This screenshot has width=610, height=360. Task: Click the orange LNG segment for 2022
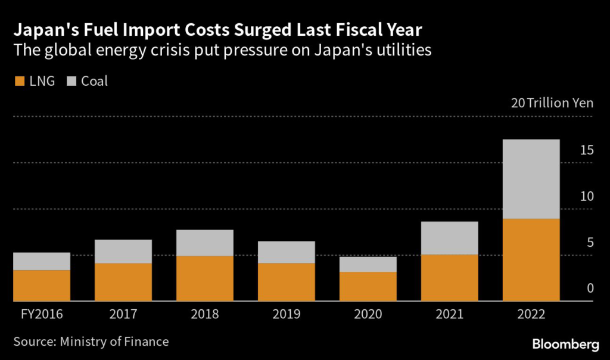tap(531, 260)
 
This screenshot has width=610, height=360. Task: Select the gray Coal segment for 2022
tap(531, 179)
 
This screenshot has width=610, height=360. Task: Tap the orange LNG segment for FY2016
tap(42, 285)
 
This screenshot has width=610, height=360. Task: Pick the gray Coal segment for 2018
tap(205, 243)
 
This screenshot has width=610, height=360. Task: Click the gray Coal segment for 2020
tap(368, 264)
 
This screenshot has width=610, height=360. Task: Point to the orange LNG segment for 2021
tap(450, 278)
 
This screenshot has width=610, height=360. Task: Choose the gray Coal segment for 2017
tap(123, 252)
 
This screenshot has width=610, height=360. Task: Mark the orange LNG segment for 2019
tap(287, 282)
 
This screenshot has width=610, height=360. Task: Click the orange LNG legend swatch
tap(18, 81)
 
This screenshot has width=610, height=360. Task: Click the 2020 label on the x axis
tap(368, 314)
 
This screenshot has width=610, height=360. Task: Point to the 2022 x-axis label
tap(531, 314)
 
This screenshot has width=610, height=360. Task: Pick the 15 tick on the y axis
tap(586, 151)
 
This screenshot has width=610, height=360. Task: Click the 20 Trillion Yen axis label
tap(552, 103)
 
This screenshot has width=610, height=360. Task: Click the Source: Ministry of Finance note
tap(91, 342)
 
